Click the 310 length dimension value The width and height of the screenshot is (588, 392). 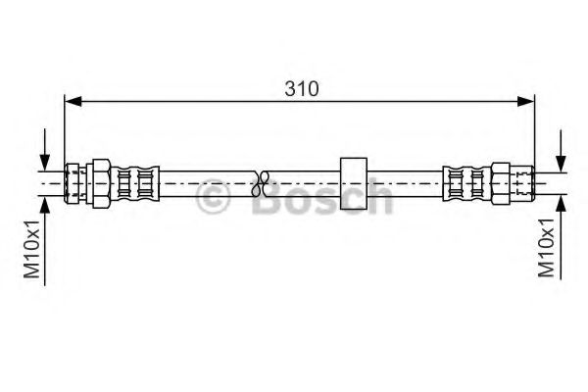tap(302, 89)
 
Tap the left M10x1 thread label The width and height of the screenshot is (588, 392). tap(32, 250)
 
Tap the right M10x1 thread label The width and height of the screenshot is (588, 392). tap(546, 248)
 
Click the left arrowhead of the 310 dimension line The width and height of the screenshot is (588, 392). tap(73, 101)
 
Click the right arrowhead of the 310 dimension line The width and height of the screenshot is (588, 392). tap(525, 101)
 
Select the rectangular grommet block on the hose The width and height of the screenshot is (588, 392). tap(354, 183)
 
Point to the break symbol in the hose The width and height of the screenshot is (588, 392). tap(261, 184)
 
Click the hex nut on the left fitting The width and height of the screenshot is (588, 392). tap(101, 183)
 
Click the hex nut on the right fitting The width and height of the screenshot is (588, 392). tap(500, 183)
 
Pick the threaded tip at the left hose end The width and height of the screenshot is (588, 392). tap(72, 183)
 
